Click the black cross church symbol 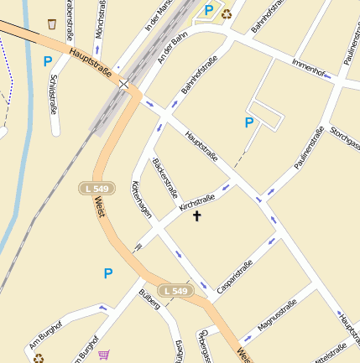[x=198, y=216]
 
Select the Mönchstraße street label [x=101, y=19]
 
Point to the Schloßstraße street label [x=54, y=93]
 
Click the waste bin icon [x=52, y=23]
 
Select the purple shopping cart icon [x=103, y=355]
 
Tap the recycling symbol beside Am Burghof [x=39, y=358]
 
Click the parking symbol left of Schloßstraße [x=47, y=61]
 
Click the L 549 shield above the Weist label [x=95, y=189]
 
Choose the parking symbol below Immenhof [x=248, y=122]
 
